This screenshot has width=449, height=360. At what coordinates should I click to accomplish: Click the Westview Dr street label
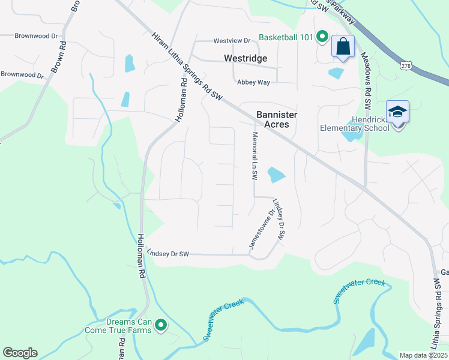coord(232,41)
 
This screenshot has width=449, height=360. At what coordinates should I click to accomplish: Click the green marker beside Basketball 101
coord(322,38)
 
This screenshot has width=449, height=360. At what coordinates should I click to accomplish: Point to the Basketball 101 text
coord(286,38)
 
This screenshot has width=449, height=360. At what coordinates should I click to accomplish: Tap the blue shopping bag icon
coord(343,47)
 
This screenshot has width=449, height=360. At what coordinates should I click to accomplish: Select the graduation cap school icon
coord(397,113)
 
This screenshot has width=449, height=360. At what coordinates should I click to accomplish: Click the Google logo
coord(20,353)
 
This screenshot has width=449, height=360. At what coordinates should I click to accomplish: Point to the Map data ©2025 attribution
coord(423,355)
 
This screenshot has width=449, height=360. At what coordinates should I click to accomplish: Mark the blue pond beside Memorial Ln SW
coord(276,175)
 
